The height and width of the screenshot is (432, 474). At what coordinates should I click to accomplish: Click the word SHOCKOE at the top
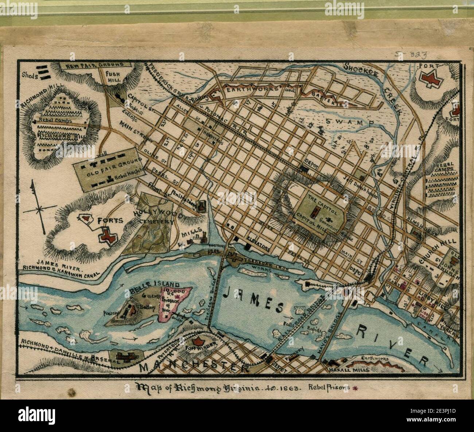pos(365,68)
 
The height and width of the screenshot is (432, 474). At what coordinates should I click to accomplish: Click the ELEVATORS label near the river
pos(257,248)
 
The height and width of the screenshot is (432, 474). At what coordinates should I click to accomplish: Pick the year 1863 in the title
pos(287,387)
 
